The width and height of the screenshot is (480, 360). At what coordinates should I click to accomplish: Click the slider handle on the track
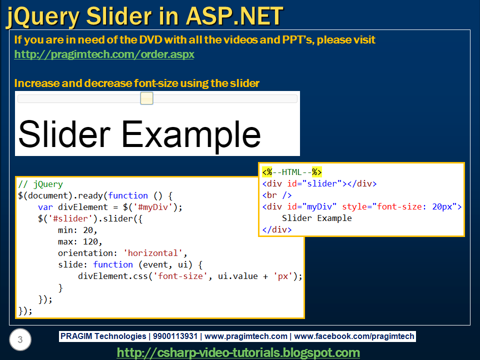(146, 98)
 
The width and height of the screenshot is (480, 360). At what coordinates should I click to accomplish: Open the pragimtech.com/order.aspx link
(104, 54)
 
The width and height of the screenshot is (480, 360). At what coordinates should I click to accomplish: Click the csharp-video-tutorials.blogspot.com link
(238, 352)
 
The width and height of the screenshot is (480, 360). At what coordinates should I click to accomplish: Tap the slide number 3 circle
(20, 340)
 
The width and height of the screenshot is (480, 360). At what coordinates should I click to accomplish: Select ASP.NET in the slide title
(234, 16)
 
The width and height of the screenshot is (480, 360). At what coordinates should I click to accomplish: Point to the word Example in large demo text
(191, 134)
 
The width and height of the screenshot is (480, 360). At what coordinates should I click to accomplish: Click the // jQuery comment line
(40, 184)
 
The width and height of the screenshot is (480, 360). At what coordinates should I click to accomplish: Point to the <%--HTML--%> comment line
(292, 172)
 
